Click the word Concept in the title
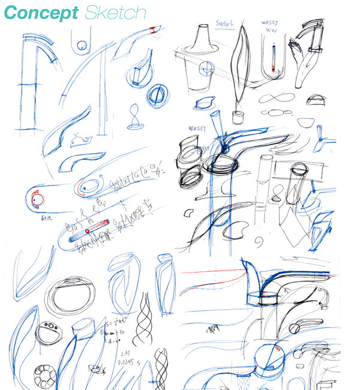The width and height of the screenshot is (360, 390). pyautogui.click(x=44, y=13)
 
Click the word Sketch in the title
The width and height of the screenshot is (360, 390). pyautogui.click(x=115, y=13)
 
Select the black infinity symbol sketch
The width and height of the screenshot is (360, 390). pyautogui.click(x=274, y=98)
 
